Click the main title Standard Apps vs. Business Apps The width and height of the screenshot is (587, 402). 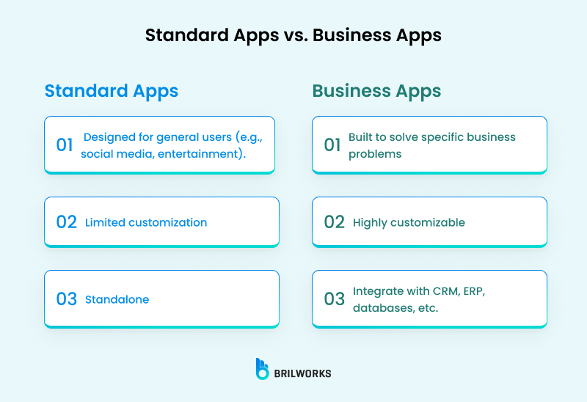293,35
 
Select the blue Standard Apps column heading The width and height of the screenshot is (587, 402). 112,91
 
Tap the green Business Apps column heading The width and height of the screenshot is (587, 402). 376,91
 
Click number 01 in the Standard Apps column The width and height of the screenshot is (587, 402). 65,145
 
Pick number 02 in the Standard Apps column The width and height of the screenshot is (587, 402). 66,222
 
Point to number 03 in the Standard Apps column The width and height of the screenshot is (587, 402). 66,299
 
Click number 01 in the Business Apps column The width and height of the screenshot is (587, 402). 332,145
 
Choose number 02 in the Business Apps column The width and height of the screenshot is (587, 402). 334,222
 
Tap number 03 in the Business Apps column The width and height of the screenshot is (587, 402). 334,299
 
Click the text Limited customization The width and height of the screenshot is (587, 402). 146,222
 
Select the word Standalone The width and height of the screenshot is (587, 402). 117,299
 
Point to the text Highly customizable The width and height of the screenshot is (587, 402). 409,222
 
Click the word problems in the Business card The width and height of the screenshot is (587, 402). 375,154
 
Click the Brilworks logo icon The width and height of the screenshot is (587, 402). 262,369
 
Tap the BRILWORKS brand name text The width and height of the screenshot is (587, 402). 303,373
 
